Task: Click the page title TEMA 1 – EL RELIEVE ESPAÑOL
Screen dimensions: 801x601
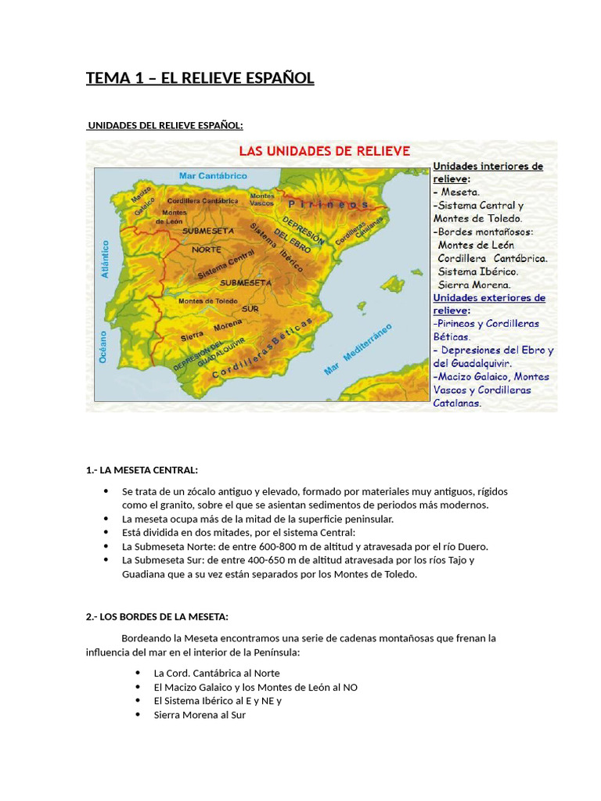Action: (200, 77)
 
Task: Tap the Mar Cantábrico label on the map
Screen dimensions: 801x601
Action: (203, 176)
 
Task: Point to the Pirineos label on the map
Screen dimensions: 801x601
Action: (338, 203)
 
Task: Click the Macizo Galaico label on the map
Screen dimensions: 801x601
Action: (142, 200)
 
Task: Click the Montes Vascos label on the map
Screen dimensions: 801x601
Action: (261, 199)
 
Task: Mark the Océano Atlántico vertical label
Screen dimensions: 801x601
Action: (104, 305)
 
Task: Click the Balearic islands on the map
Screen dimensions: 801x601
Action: (391, 282)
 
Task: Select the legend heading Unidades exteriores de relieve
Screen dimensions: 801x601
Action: (489, 304)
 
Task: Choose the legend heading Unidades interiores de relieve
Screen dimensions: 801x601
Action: (488, 172)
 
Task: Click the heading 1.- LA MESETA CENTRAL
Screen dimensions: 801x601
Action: (142, 470)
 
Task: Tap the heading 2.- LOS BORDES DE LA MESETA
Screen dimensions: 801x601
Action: (157, 616)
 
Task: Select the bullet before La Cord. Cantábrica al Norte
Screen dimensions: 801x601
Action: (138, 673)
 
